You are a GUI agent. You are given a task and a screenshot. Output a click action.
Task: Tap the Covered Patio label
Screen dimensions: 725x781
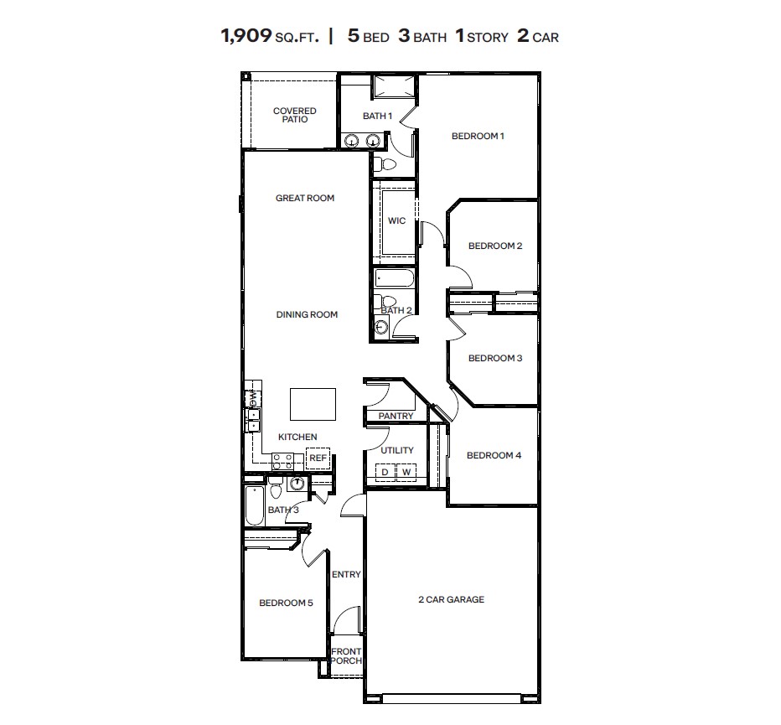click(x=295, y=116)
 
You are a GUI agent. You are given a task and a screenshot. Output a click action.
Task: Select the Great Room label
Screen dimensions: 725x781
click(x=305, y=199)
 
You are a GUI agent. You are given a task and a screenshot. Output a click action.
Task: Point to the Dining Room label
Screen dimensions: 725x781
click(x=307, y=315)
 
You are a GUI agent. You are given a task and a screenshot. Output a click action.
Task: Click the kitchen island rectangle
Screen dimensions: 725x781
click(x=313, y=404)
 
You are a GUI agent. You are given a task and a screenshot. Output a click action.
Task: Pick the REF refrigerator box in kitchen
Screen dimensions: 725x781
click(x=318, y=458)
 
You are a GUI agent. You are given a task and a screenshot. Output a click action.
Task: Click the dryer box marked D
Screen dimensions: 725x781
click(x=385, y=473)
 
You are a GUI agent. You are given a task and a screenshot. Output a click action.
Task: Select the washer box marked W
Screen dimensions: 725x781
click(x=406, y=473)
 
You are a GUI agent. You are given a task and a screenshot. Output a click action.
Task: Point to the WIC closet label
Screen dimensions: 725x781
click(x=396, y=221)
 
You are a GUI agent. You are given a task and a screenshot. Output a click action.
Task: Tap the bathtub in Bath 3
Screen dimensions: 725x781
click(x=254, y=505)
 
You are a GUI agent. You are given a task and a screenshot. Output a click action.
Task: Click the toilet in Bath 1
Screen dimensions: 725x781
click(x=379, y=163)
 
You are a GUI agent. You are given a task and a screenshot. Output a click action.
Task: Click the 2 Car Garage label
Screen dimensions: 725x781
click(x=451, y=600)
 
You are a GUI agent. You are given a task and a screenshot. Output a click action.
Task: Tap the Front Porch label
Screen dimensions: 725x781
click(x=345, y=655)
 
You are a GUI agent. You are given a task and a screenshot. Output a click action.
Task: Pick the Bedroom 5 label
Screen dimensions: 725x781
click(x=286, y=603)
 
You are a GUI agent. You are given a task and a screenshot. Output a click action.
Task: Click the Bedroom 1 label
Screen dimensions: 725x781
click(x=478, y=136)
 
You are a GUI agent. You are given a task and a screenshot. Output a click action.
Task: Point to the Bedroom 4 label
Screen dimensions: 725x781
click(x=494, y=456)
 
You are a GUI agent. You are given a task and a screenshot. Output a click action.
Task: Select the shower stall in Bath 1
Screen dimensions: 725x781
click(x=393, y=87)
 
